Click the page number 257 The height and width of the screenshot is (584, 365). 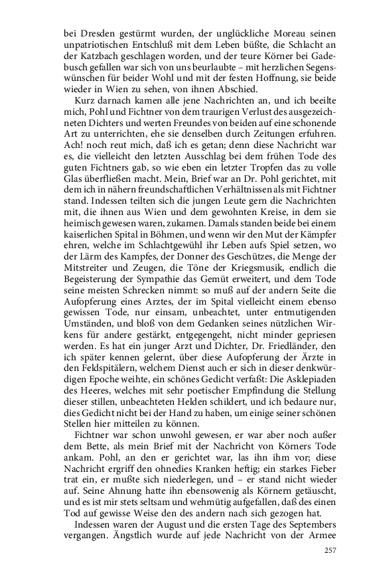tap(329, 551)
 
